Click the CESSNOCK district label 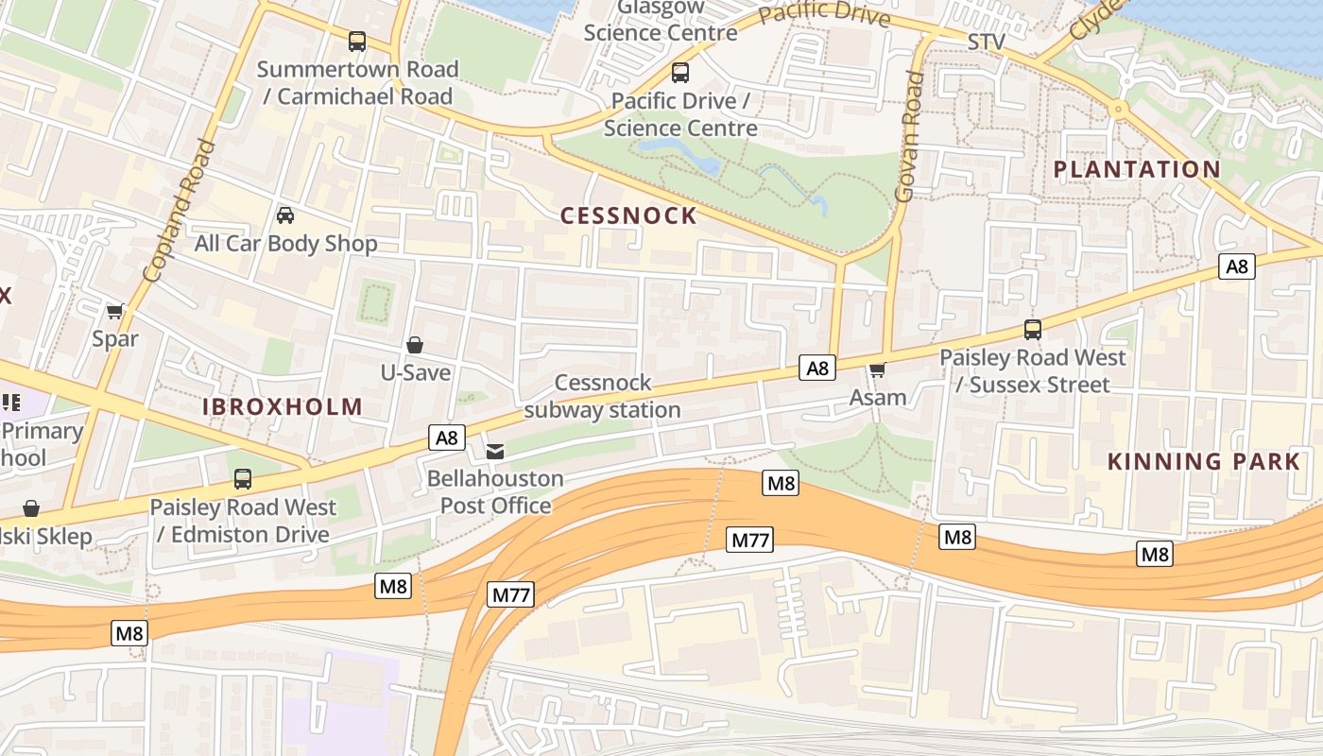(628, 215)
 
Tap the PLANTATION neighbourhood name (1137, 169)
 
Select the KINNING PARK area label (1203, 461)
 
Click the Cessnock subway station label (603, 396)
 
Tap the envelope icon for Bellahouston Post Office (495, 451)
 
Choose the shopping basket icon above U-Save (415, 345)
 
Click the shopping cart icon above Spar (115, 311)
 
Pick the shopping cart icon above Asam (878, 369)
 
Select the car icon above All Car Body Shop (285, 215)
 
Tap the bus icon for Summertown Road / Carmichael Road (357, 42)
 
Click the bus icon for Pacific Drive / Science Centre (680, 73)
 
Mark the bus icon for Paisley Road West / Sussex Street (1033, 330)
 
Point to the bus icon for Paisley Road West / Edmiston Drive (243, 479)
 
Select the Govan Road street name (908, 137)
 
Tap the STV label (987, 43)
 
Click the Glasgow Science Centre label (660, 21)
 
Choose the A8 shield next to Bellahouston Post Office (447, 438)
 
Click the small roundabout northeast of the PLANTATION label (1119, 109)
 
